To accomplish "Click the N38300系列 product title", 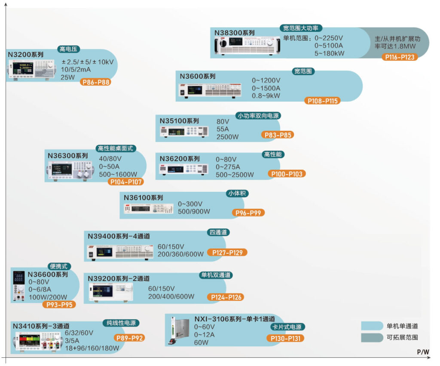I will point(235,33).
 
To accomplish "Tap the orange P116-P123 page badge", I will point(400,57).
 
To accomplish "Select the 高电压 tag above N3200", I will point(69,49).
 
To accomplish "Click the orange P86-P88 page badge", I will point(95,82).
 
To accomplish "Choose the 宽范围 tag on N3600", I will point(303,71).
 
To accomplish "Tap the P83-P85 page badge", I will point(278,135).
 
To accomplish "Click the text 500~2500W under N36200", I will point(235,175).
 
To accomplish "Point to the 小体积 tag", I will point(237,194).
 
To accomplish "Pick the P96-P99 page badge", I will point(248,212).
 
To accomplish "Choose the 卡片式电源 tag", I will point(288,327).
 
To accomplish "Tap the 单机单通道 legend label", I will point(402,326).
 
